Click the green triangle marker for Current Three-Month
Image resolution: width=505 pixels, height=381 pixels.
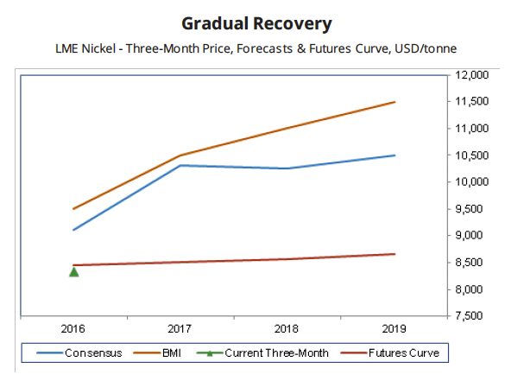[74, 272]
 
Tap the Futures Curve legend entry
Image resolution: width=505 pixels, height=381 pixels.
[392, 352]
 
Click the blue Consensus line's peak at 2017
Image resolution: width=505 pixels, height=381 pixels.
[180, 165]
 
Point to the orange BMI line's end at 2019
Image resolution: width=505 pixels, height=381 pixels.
[395, 102]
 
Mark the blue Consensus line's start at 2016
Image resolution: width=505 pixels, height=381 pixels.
[74, 230]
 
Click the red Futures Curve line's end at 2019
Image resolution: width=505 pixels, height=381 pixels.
[395, 254]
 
